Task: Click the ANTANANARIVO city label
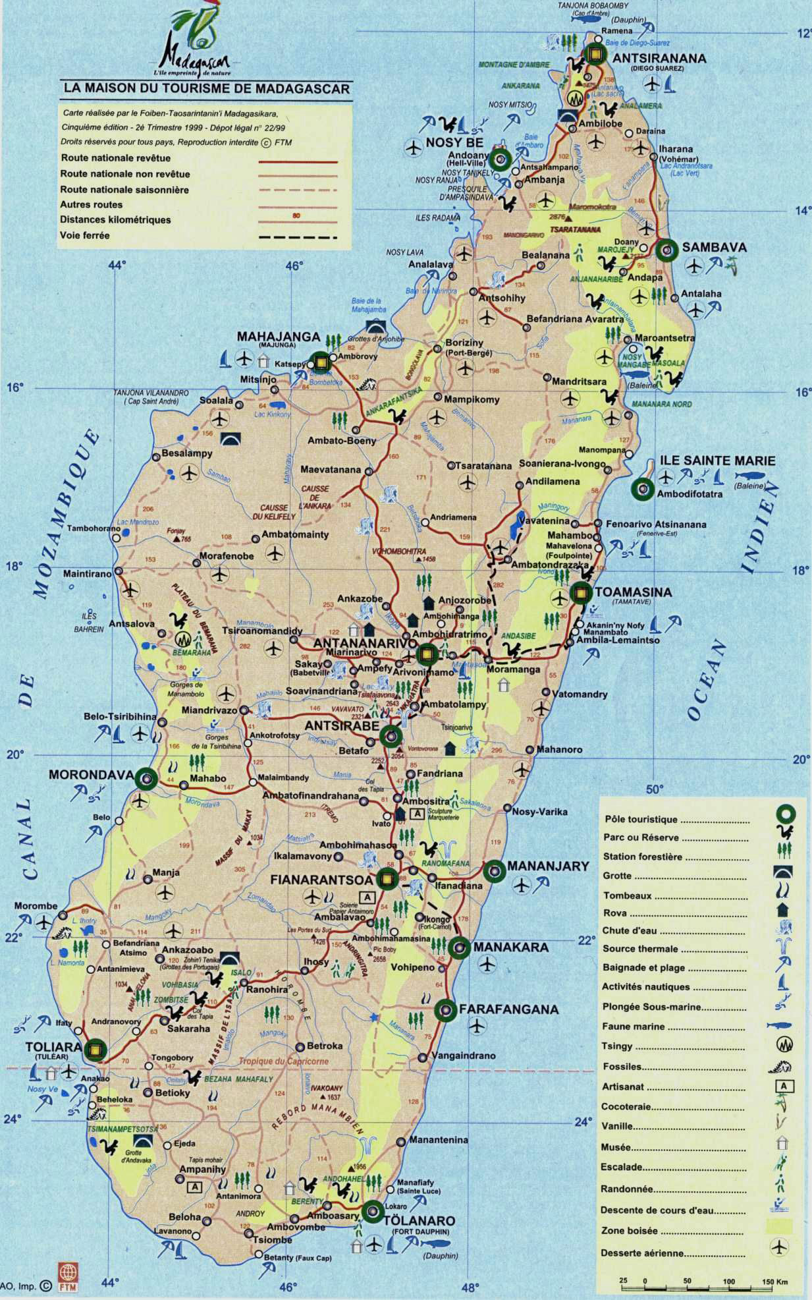pyautogui.click(x=365, y=642)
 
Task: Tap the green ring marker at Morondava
pyautogui.click(x=146, y=779)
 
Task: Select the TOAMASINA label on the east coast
pyautogui.click(x=633, y=592)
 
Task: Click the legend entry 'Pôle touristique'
pyautogui.click(x=640, y=819)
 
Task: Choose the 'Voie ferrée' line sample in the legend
pyautogui.click(x=298, y=237)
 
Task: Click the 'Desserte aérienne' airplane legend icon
pyautogui.click(x=779, y=1247)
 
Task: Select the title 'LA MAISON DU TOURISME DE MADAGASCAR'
pyautogui.click(x=206, y=88)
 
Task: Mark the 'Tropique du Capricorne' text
pyautogui.click(x=283, y=1061)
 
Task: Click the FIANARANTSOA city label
pyautogui.click(x=321, y=879)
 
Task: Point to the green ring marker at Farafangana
pyautogui.click(x=445, y=1009)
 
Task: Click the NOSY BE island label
pyautogui.click(x=454, y=142)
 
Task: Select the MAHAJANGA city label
pyautogui.click(x=278, y=337)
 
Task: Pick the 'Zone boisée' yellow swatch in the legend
pyautogui.click(x=779, y=1227)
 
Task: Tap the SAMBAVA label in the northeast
pyautogui.click(x=714, y=247)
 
